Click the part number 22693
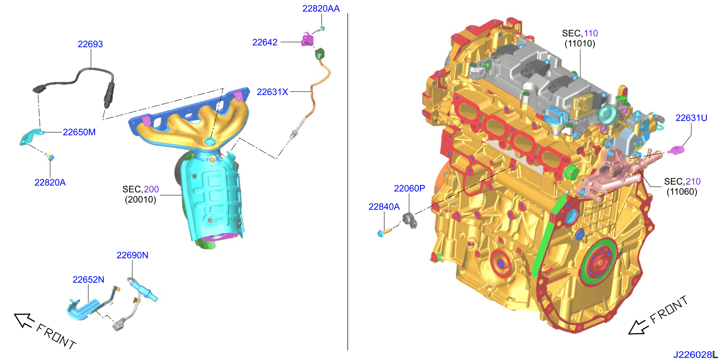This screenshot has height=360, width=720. pos(90,44)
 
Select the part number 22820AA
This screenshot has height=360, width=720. pos(321,9)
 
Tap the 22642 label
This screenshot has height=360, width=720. pos(265,42)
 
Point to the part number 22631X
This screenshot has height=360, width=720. pos(272,92)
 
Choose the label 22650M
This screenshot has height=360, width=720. pos(79,132)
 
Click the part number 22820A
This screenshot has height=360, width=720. pos(50,182)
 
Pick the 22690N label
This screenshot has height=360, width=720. pos(132,255)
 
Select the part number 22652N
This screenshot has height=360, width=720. pos(88,279)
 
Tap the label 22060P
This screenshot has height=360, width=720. pos(409,188)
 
